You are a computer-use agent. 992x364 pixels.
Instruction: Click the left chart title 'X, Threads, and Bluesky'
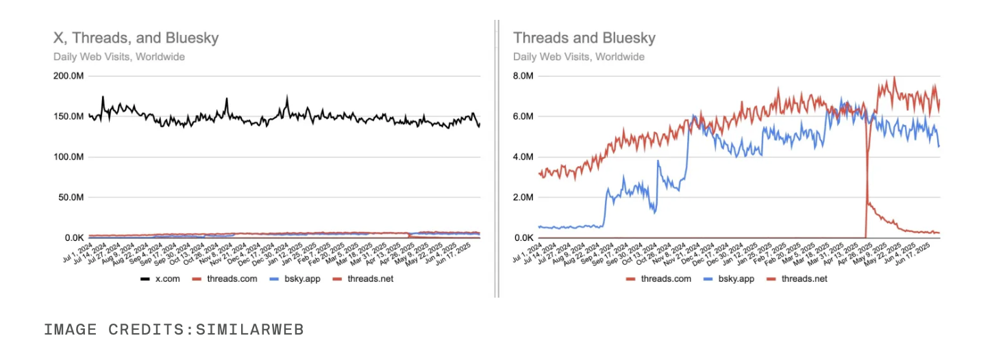(x=136, y=38)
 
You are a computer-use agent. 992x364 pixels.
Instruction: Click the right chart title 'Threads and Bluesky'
(x=584, y=38)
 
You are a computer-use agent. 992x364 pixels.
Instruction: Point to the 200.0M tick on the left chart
(x=68, y=76)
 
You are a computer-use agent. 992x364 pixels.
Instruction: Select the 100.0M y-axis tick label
(x=68, y=157)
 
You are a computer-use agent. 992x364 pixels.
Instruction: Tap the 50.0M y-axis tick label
(x=71, y=198)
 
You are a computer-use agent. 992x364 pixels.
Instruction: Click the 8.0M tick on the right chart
(x=523, y=76)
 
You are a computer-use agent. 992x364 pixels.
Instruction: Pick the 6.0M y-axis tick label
(x=523, y=116)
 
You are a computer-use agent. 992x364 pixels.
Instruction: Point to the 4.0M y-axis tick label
(x=523, y=157)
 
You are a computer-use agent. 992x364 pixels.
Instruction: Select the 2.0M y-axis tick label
(x=523, y=198)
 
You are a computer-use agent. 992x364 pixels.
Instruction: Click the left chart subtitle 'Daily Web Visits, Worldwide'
(x=119, y=57)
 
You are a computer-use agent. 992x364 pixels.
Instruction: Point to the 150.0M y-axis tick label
(x=68, y=117)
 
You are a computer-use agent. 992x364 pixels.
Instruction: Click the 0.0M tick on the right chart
(x=523, y=238)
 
